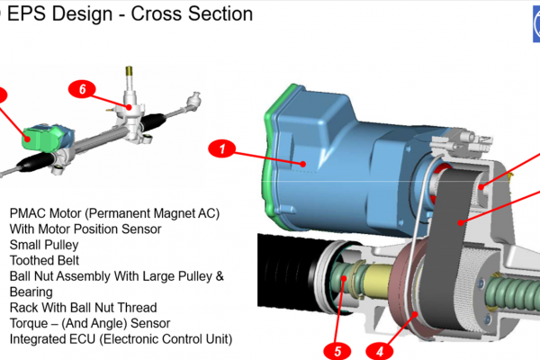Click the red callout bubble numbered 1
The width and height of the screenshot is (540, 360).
tap(223, 147)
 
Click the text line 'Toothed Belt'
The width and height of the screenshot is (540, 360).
tap(45, 260)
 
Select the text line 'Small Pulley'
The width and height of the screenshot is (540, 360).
tap(44, 245)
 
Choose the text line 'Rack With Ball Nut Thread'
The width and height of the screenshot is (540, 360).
tap(83, 308)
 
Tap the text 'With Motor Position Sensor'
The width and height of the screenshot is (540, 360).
tap(85, 229)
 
